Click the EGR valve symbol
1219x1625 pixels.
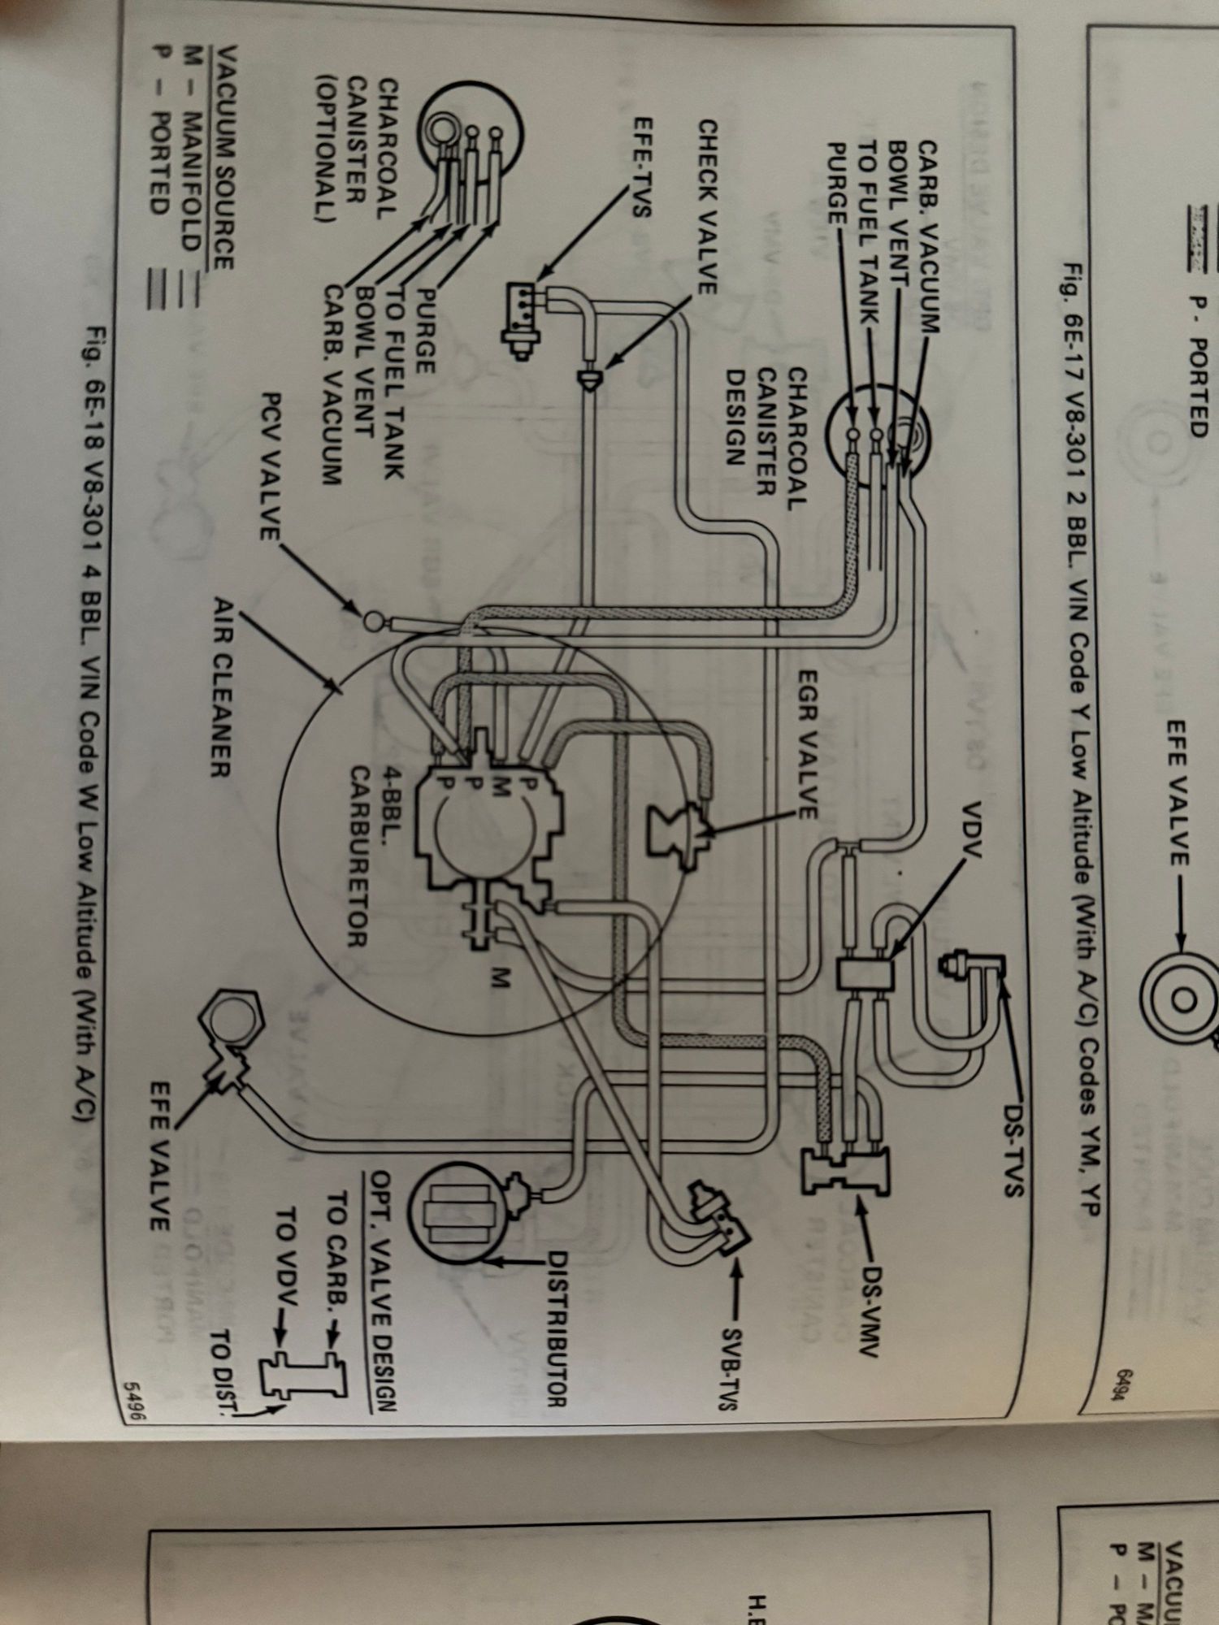coord(681,837)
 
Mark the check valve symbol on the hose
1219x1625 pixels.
coord(589,376)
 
